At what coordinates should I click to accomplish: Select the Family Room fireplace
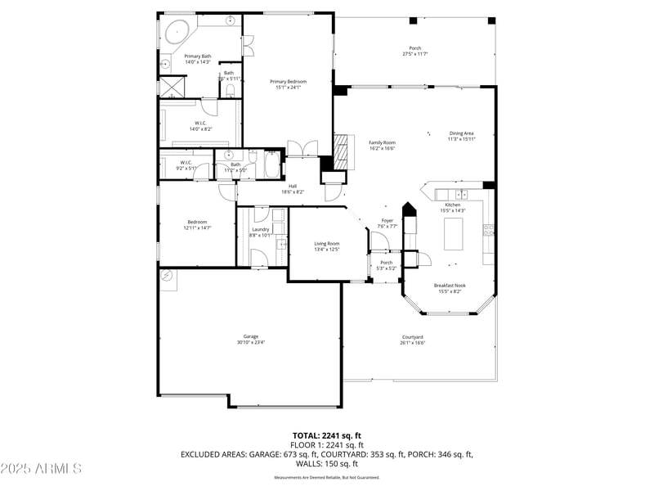point(343,150)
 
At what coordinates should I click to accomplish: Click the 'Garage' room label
point(250,336)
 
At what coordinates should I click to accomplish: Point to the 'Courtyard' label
point(412,337)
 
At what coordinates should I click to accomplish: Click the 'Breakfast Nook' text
point(450,286)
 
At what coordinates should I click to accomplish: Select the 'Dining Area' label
point(461,133)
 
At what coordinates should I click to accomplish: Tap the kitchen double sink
point(462,195)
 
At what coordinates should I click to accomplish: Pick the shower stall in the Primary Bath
point(170,86)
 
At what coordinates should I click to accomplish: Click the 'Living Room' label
point(327,244)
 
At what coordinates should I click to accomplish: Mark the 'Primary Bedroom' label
point(289,81)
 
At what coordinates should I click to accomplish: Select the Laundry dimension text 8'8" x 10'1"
point(261,236)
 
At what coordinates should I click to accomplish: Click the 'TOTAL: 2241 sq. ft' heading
point(327,435)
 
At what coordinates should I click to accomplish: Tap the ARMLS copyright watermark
point(41,469)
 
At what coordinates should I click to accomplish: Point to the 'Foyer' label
point(387,220)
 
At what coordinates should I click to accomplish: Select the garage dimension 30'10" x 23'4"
point(250,342)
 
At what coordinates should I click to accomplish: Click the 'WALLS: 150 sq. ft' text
point(327,462)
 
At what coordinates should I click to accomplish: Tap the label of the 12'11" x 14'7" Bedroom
point(197,222)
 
